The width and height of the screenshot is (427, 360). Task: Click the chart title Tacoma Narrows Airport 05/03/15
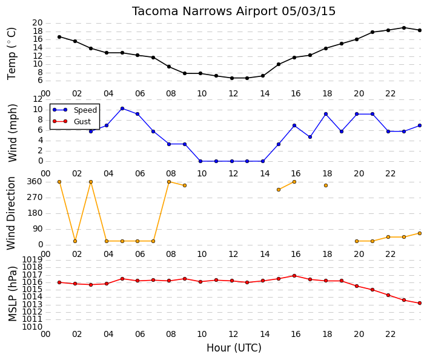tap(234, 12)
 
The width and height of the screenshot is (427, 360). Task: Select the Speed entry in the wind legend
tap(85, 110)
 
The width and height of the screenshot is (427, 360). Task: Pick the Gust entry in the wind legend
tap(82, 122)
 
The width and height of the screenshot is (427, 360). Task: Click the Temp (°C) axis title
tap(12, 54)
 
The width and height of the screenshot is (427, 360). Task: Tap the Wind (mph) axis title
tap(13, 133)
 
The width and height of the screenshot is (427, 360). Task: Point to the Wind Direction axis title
tap(11, 213)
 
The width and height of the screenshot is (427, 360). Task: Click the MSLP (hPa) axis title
tap(13, 294)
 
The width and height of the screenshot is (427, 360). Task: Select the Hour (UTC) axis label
tap(234, 348)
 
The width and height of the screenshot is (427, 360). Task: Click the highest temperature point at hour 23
tap(404, 28)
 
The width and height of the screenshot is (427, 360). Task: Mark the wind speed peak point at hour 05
tap(122, 108)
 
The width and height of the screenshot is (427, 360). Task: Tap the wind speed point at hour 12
tap(232, 161)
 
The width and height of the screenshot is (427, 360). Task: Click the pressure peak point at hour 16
tap(294, 276)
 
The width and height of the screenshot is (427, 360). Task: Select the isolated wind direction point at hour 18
tap(326, 185)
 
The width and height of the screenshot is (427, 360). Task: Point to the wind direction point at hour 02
tap(75, 241)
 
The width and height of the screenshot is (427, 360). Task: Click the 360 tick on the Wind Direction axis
tap(35, 182)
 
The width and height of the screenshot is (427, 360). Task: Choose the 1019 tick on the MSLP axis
tap(32, 259)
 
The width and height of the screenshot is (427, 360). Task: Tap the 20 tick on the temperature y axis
tap(38, 23)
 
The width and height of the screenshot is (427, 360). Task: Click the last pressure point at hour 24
tap(420, 303)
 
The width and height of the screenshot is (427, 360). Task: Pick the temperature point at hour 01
tap(59, 37)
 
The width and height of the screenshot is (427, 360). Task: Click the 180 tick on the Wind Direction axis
tap(35, 213)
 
